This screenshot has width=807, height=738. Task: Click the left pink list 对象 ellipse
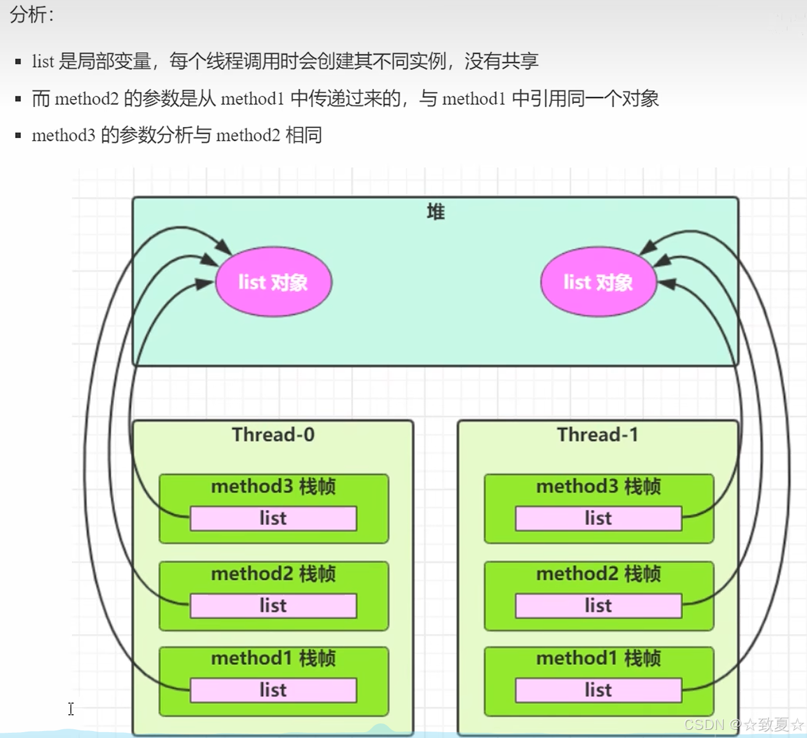(273, 283)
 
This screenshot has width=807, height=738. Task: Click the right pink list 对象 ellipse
(598, 283)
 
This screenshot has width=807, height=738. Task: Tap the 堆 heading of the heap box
(435, 212)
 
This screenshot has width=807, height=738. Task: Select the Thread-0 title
(273, 435)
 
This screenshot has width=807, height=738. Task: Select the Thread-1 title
(598, 435)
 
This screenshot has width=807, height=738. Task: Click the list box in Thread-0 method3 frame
(273, 518)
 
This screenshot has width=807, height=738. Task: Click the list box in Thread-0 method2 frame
(273, 606)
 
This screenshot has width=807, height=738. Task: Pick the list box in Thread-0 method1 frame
(273, 690)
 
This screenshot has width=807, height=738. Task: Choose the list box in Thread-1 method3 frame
(598, 518)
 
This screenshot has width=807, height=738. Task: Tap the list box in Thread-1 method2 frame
(598, 606)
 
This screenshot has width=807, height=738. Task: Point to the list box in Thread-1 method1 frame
(598, 690)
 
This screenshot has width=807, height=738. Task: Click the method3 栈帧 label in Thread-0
(273, 486)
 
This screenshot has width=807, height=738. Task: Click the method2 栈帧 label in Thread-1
(598, 574)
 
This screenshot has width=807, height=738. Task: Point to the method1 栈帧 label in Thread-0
(273, 658)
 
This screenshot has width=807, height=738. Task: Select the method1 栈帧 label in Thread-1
(598, 658)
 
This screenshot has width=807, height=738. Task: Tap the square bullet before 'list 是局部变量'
(19, 62)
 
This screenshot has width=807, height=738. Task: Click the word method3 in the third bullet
(63, 136)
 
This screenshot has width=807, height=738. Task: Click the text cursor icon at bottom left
(71, 709)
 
